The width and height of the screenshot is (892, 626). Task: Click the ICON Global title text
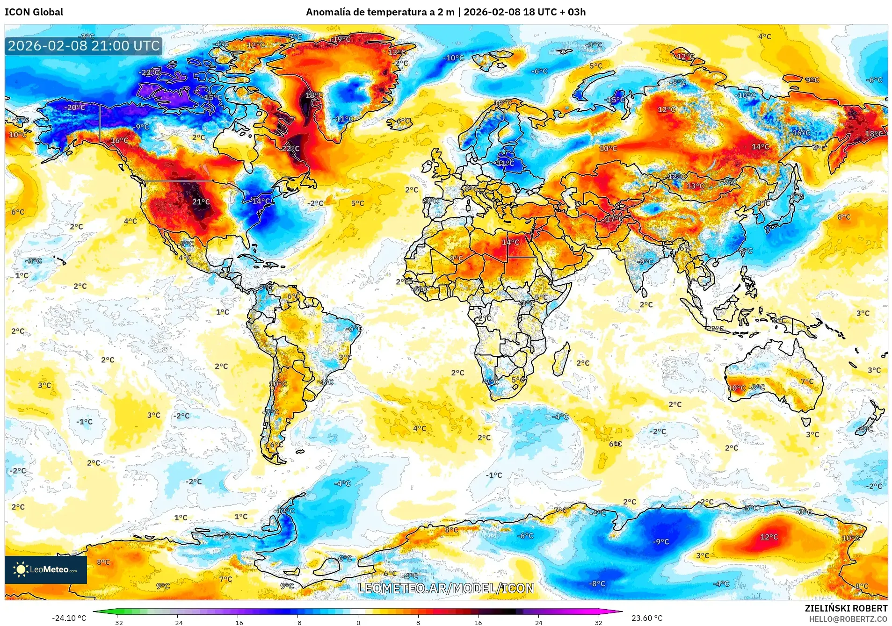[34, 12]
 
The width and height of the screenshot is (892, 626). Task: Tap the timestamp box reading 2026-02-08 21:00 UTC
[84, 46]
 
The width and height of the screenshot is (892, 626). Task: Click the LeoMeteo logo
[46, 569]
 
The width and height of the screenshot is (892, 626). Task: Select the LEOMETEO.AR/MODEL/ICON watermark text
[445, 588]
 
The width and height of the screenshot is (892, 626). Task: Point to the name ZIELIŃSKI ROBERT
[846, 608]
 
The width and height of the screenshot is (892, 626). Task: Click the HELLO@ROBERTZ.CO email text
[848, 619]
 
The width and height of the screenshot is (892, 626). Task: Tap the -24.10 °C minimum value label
[69, 618]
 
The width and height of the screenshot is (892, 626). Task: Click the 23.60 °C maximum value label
[646, 618]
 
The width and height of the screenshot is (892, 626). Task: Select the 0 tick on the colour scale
[358, 623]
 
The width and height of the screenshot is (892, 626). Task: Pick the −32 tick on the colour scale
[117, 623]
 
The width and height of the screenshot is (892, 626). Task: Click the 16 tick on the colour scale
[478, 623]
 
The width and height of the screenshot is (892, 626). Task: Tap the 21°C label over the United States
[201, 202]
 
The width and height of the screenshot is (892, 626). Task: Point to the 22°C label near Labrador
[290, 149]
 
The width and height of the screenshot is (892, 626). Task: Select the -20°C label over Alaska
[75, 108]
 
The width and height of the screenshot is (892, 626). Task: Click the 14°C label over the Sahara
[510, 242]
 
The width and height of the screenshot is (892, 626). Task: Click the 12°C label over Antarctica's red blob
[769, 537]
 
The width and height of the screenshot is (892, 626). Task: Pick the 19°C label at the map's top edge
[341, 39]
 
